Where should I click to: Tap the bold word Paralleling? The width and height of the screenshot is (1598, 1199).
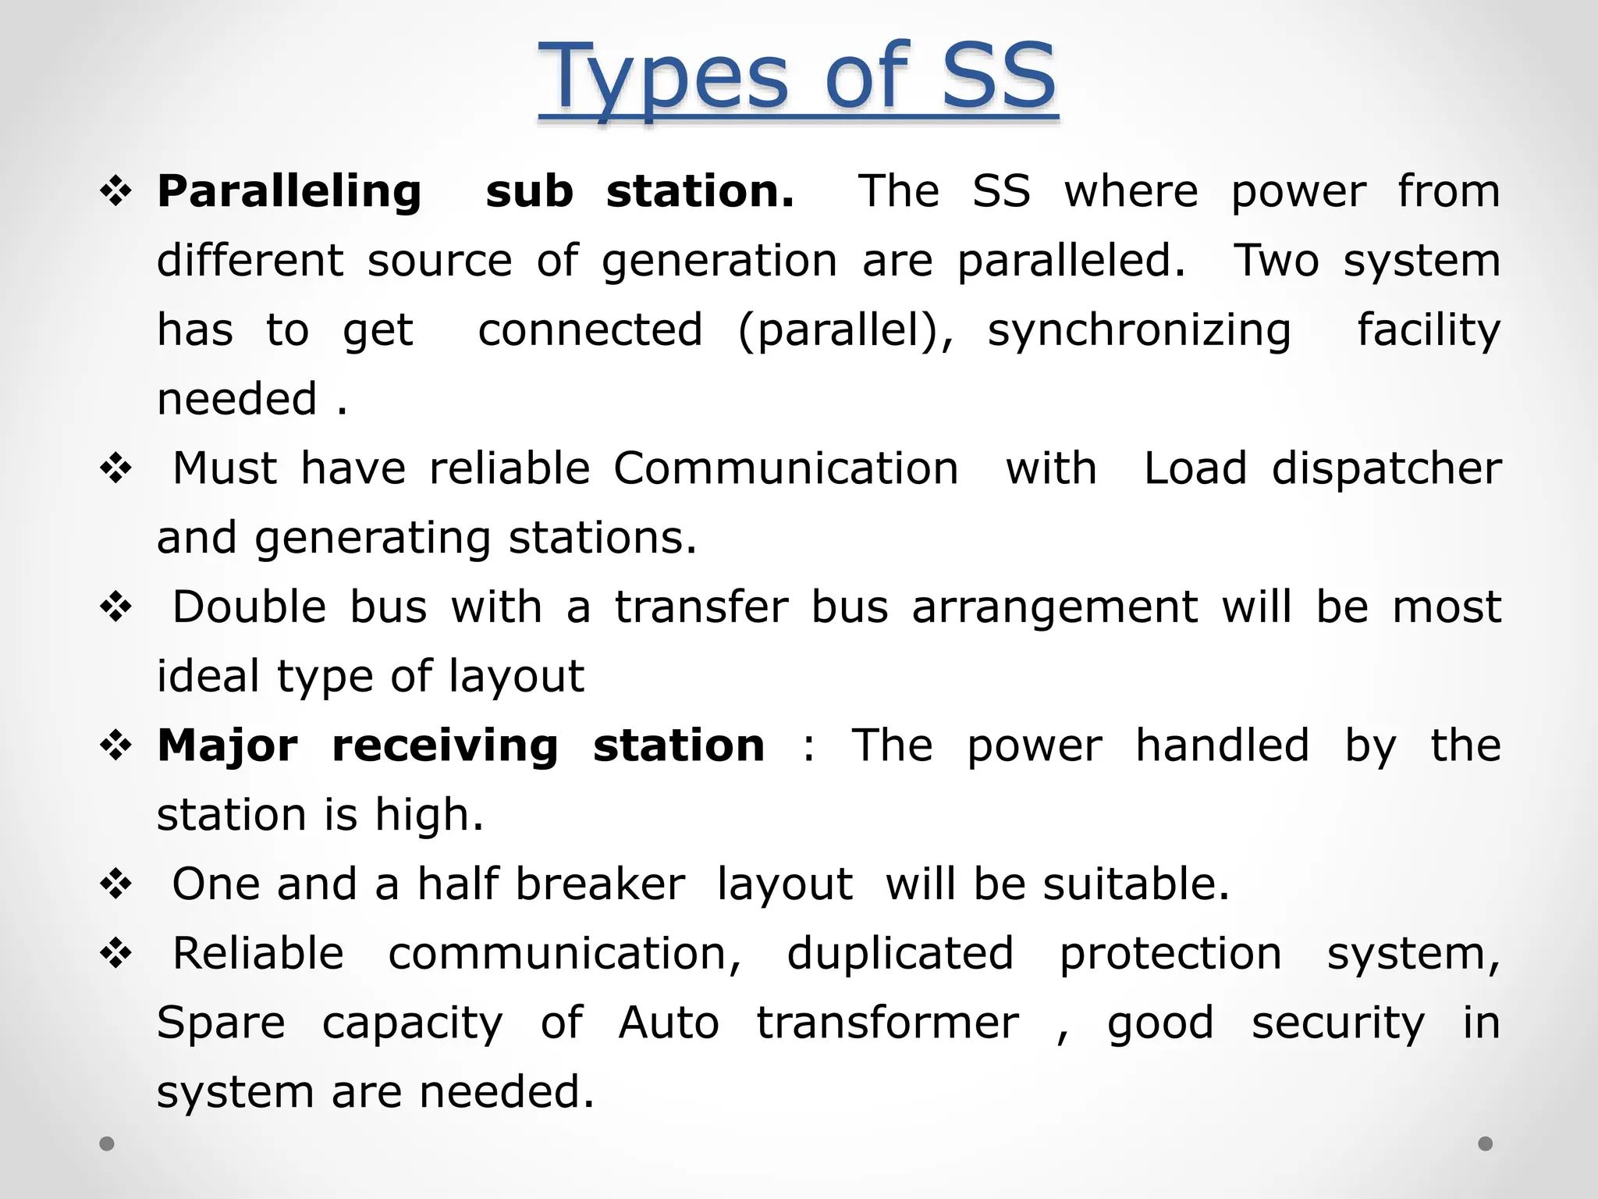289,192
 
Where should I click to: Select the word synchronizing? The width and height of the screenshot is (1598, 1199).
1139,330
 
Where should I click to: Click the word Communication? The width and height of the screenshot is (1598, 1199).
786,468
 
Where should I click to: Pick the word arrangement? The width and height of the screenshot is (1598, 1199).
1054,607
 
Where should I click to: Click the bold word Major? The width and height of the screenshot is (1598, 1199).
227,745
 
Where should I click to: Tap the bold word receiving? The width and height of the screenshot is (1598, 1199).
445,747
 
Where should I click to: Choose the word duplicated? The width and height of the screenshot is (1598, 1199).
900,954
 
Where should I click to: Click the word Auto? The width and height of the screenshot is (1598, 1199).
669,1023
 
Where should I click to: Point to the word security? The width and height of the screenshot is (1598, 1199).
1338,1024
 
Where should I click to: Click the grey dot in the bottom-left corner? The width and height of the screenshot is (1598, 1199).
108,1144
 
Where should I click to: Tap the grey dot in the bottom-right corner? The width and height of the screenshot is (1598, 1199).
1486,1144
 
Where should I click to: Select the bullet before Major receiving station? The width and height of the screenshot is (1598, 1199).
116,746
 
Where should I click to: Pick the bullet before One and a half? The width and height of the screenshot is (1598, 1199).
116,884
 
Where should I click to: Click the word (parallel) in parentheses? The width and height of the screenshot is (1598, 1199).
845,331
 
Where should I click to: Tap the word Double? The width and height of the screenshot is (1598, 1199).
249,607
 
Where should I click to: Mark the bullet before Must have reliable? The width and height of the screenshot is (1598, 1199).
116,469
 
